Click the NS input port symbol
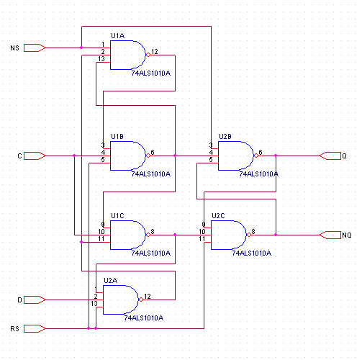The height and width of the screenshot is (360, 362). coord(35,48)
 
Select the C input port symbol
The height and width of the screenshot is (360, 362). coord(35,156)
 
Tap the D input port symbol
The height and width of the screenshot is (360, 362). coord(35,300)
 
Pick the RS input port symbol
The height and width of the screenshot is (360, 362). coord(35,328)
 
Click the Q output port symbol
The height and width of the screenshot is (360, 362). coord(330,156)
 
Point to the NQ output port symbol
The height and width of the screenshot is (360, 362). coord(330,235)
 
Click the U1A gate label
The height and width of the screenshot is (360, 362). coord(117,36)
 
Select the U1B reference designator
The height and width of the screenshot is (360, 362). coord(117,137)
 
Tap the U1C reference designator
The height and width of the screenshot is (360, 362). coord(117,216)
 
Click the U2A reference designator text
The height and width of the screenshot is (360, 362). coord(110,281)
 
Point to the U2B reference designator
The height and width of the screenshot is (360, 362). coord(225,137)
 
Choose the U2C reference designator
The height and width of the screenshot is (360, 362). coord(218,216)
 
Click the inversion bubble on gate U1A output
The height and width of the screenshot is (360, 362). coord(148,55)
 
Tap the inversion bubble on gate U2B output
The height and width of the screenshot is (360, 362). coord(256,156)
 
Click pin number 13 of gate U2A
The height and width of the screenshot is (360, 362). coord(94,304)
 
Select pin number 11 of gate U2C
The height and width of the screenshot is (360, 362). coord(202,239)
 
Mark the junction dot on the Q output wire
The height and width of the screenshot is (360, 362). coord(276,156)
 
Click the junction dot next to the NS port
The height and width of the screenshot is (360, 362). coord(81,48)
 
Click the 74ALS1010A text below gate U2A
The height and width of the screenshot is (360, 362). coord(144,318)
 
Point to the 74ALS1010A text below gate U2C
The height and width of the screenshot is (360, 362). coord(252,253)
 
